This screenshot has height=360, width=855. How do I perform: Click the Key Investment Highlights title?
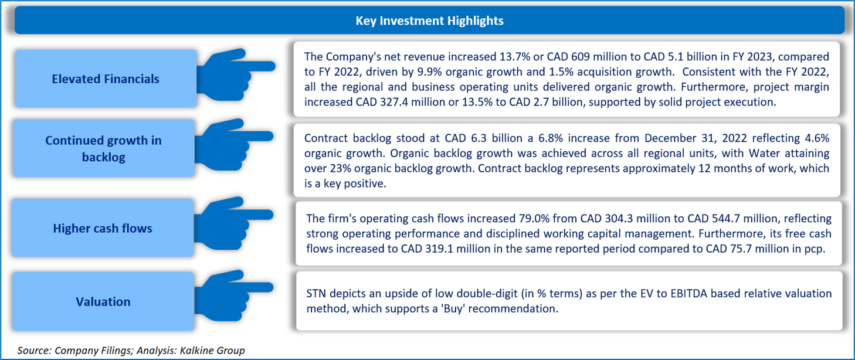(429, 21)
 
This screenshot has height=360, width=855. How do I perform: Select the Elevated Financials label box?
(106, 79)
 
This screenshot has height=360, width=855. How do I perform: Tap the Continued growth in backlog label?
(103, 148)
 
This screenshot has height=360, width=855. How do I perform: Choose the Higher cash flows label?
(103, 228)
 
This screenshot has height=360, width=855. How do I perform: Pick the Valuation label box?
(103, 301)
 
